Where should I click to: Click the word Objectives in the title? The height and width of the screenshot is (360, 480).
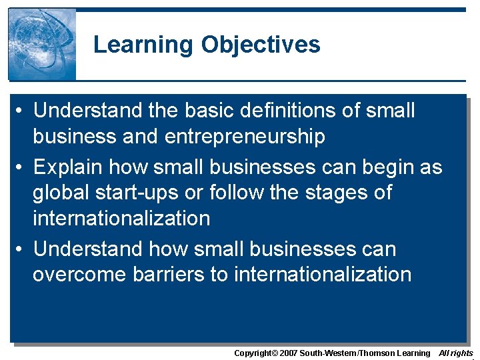pos(261,45)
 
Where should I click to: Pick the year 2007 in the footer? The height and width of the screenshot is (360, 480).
pos(287,353)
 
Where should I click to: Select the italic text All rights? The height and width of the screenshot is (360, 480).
pos(456,353)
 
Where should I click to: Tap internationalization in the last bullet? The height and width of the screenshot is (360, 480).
pos(323,274)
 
